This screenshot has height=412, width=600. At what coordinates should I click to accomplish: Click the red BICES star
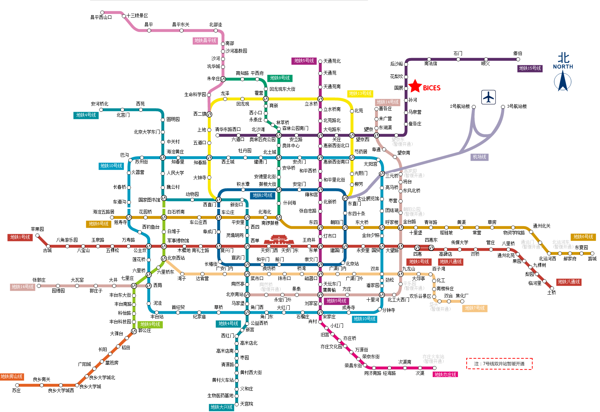415,86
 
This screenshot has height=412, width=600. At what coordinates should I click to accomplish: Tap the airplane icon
488,97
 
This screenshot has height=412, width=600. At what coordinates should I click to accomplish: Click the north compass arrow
563,81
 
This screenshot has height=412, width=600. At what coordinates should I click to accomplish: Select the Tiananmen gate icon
277,239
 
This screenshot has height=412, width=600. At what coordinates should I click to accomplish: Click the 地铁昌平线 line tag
205,41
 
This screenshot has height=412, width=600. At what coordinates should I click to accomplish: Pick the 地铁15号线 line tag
530,68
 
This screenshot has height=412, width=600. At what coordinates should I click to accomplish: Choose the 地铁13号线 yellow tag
360,94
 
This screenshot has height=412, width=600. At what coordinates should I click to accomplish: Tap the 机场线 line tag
479,157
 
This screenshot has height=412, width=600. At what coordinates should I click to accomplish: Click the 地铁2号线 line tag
263,195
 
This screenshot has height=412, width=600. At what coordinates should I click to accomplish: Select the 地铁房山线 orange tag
12,377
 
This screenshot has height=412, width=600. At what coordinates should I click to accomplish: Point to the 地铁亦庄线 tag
445,375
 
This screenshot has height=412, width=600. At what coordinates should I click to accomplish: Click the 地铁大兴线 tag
222,407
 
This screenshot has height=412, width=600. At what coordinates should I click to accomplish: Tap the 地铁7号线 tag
475,308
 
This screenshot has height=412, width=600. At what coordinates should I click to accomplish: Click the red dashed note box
499,364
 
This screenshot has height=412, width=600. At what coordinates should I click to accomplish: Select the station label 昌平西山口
101,17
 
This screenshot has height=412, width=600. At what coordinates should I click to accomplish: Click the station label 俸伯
517,53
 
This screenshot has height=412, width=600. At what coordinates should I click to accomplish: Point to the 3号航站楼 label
517,106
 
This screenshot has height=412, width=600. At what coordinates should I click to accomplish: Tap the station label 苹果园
37,229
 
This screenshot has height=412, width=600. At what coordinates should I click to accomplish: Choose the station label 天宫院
246,404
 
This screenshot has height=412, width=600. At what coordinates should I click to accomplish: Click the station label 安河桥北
99,104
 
